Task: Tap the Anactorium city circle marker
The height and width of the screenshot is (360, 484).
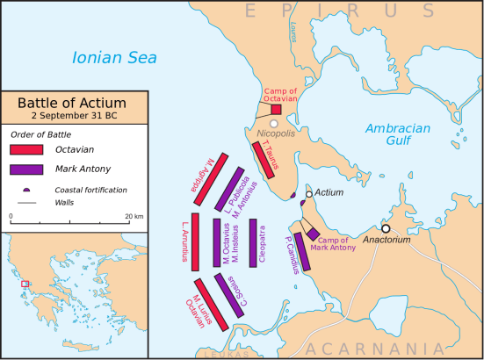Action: [x=385, y=228]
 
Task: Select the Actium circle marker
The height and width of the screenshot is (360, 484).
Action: [x=308, y=194]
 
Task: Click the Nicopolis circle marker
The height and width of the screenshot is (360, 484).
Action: [x=274, y=125]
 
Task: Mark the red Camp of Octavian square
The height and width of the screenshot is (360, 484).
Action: [x=276, y=110]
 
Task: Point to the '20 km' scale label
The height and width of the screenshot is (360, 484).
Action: [x=134, y=216]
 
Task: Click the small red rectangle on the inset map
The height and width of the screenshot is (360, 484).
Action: [x=25, y=284]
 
